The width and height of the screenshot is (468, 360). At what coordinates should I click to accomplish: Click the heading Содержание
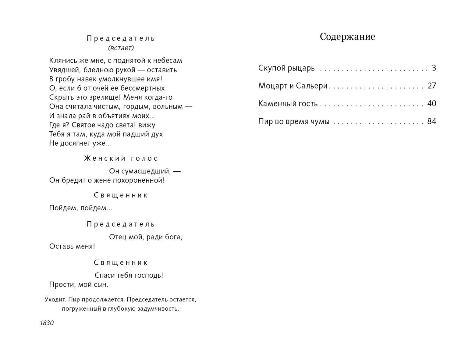[x=347, y=37]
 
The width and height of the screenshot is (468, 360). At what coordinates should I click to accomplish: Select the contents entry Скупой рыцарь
[x=286, y=68]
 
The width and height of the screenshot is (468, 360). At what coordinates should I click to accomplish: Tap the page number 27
[x=432, y=86]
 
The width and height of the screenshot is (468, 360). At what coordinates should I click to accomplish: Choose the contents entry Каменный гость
[x=288, y=104]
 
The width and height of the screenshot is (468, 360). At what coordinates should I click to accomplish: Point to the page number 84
[x=432, y=122]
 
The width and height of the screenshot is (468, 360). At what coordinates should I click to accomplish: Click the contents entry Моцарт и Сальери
[x=293, y=86]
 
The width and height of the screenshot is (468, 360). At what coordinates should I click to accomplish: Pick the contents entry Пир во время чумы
[x=294, y=122]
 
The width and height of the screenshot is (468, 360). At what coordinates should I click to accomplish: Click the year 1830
[x=47, y=323]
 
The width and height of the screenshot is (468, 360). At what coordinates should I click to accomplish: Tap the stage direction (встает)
[x=121, y=48]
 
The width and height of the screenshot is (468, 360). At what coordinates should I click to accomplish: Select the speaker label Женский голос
[x=121, y=159]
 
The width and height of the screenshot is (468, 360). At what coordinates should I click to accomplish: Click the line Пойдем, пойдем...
[x=80, y=208]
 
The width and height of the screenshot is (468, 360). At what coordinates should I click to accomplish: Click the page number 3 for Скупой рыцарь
[x=434, y=68]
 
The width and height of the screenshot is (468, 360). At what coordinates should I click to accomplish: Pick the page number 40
[x=432, y=104]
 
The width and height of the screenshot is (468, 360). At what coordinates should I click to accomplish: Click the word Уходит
[x=55, y=300]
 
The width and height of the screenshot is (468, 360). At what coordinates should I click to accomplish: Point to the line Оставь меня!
[x=72, y=246]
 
